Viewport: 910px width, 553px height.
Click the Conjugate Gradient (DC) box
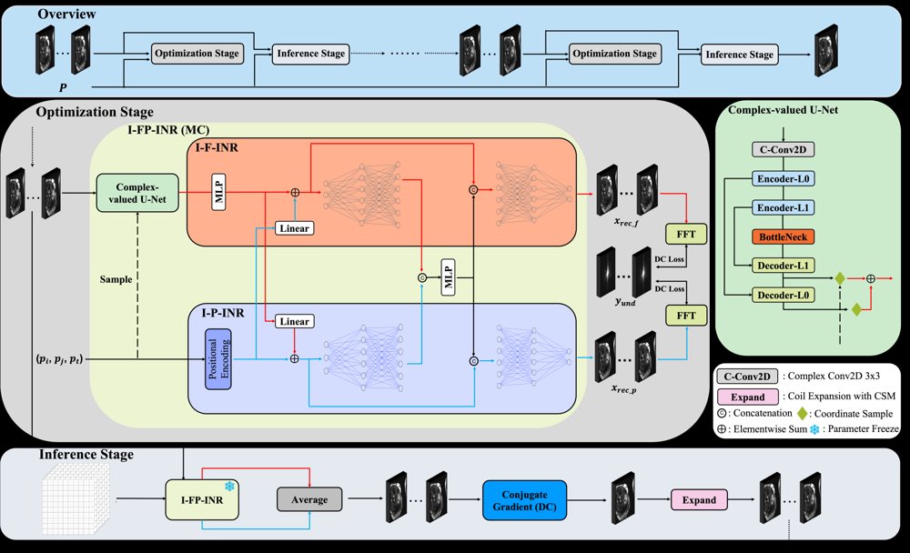[x=524, y=500]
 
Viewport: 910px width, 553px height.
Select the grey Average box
[x=309, y=499]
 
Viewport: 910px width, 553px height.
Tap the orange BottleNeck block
[x=783, y=236]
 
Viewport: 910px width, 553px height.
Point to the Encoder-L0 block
[x=783, y=178]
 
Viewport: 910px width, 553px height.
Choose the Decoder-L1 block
[x=783, y=266]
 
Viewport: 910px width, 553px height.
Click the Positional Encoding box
[x=218, y=358]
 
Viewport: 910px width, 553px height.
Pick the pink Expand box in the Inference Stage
[x=699, y=500]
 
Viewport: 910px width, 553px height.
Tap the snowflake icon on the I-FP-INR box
[x=230, y=487]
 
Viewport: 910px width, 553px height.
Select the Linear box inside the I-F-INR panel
[x=294, y=228]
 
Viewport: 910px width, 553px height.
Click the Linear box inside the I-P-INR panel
[x=294, y=321]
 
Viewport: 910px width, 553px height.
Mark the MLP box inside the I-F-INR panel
[x=218, y=192]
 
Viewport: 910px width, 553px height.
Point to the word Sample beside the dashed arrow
[x=116, y=279]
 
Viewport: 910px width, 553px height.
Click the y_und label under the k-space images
[x=625, y=302]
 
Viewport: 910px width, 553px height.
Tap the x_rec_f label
[x=626, y=222]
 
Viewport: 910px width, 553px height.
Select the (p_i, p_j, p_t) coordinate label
[x=59, y=359]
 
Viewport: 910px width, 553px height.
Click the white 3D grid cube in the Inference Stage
[x=76, y=499]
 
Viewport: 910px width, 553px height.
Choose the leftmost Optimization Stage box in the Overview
[x=197, y=54]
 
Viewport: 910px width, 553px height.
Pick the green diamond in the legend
[x=802, y=413]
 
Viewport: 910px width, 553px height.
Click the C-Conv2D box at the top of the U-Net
[x=783, y=150]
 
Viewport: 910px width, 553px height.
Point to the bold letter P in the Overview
[x=63, y=87]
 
